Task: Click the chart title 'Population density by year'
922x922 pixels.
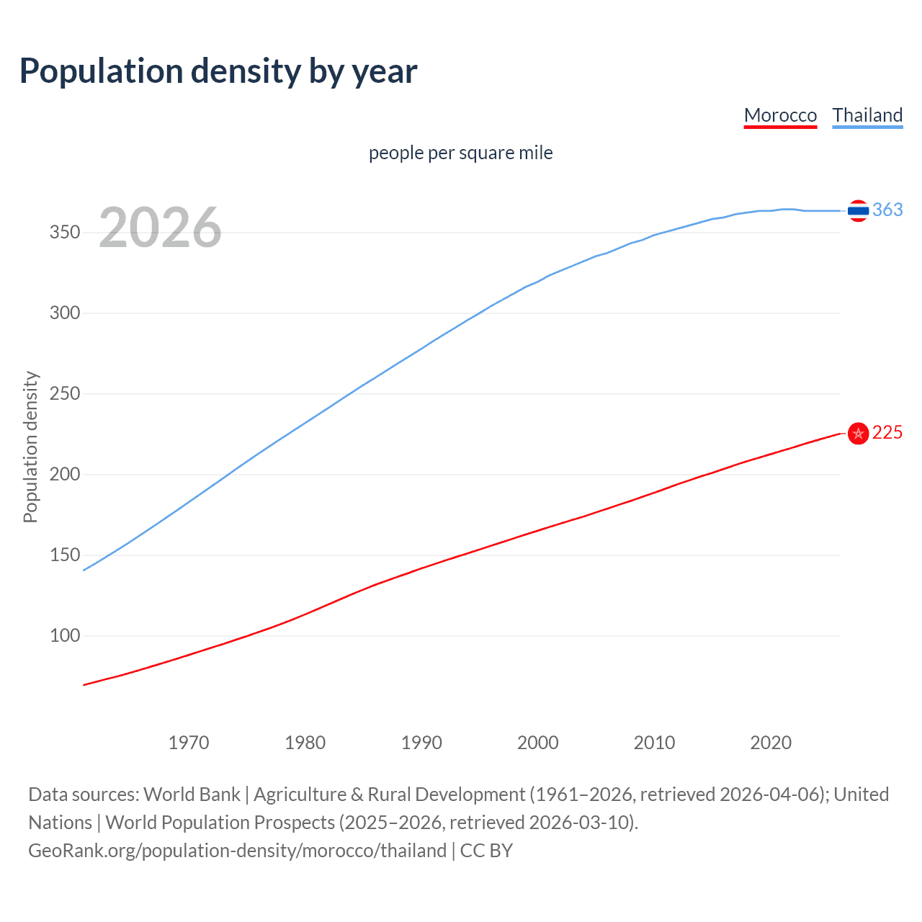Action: (218, 71)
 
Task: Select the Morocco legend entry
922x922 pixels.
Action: (780, 115)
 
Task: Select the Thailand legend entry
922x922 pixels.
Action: (867, 115)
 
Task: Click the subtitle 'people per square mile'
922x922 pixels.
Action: (460, 153)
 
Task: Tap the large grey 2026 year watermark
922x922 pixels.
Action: (160, 228)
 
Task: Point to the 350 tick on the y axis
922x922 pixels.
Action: (65, 233)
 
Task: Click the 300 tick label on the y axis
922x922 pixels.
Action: (65, 313)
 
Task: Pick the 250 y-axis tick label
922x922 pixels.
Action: (65, 394)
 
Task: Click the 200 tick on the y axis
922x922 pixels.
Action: (65, 475)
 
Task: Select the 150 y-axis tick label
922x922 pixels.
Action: (65, 555)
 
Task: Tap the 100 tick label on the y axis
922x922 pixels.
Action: (65, 636)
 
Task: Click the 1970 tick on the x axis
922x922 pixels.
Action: (189, 743)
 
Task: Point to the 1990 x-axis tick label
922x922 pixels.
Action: (421, 743)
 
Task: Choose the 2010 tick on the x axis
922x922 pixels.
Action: (654, 743)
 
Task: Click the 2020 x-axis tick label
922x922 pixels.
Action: (771, 743)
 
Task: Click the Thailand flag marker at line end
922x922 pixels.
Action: (858, 210)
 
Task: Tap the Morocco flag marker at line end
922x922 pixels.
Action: (858, 434)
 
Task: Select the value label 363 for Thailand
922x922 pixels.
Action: (887, 210)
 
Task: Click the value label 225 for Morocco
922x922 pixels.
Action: (887, 432)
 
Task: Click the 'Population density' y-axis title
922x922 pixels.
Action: (30, 447)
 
